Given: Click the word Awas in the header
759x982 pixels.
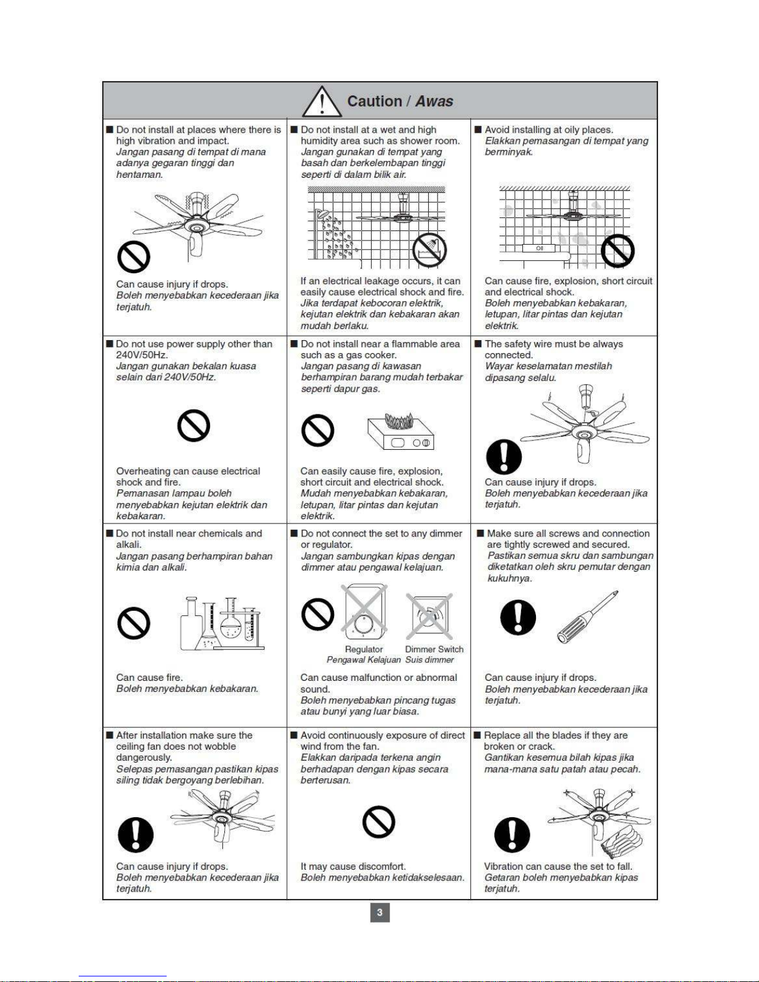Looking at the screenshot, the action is tap(434, 101).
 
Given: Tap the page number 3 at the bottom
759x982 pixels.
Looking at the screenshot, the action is tap(379, 912).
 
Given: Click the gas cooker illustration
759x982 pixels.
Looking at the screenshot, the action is tap(401, 431).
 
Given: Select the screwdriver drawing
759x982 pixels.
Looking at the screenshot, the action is tap(588, 616).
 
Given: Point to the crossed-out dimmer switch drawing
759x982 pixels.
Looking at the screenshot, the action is tap(429, 616).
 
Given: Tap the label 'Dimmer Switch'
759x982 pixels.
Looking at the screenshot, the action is tap(434, 649).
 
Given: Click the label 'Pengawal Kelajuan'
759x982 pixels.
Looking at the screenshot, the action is tap(364, 660).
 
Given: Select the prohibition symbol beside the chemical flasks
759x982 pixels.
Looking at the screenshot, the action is tap(134, 623).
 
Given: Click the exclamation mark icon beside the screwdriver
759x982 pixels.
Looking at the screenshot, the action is tap(518, 617).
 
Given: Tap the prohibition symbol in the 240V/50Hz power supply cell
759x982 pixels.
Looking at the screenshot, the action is tap(193, 426).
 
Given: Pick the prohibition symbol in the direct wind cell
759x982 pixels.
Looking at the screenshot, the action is tap(379, 822).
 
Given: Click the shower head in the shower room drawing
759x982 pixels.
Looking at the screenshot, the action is tap(322, 214).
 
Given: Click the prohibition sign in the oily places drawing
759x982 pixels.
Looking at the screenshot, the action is tap(618, 251).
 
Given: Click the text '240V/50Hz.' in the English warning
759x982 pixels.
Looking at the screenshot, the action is tap(142, 355).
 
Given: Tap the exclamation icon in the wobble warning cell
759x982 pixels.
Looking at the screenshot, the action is tap(136, 835).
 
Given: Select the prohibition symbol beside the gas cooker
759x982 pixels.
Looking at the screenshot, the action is tap(318, 430).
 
